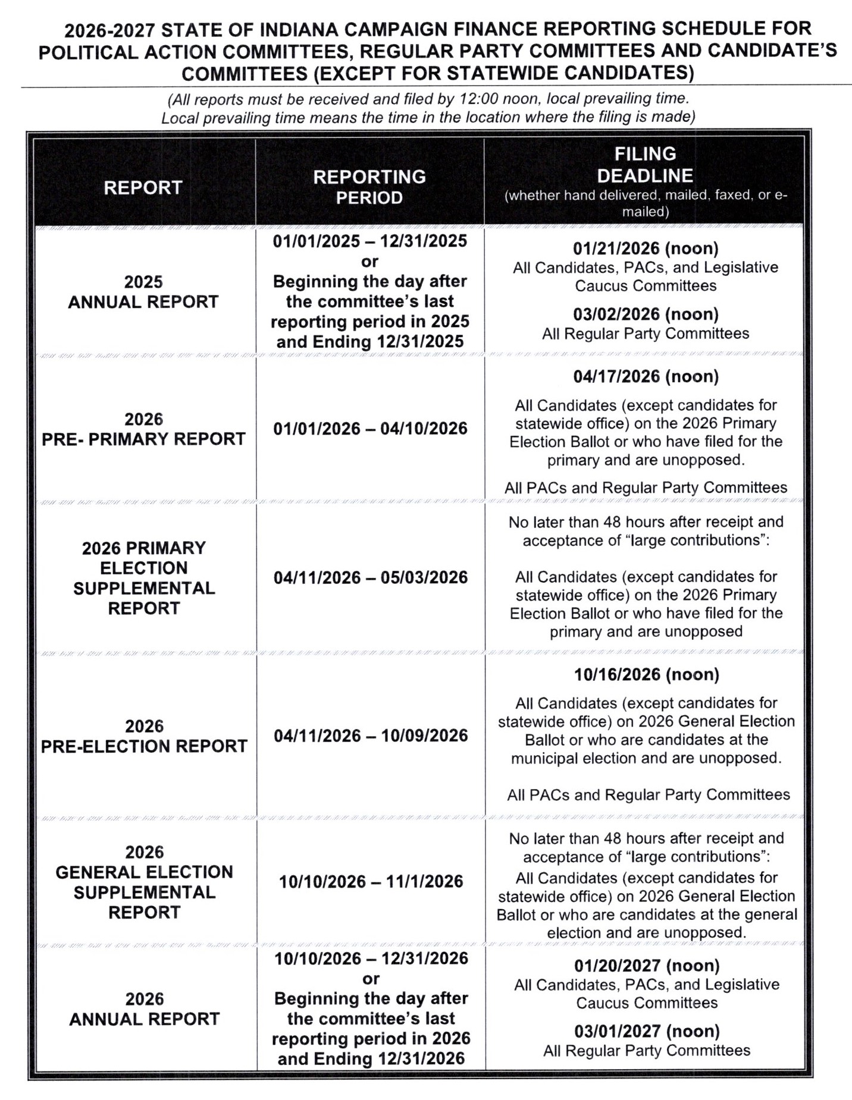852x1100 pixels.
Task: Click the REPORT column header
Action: pyautogui.click(x=143, y=188)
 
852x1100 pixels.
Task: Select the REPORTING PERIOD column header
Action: pyautogui.click(x=369, y=187)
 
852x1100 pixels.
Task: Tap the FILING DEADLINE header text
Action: pyautogui.click(x=645, y=165)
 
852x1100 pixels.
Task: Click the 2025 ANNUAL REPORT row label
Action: pyautogui.click(x=143, y=292)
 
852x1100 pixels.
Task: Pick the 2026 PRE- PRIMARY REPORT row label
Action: pyautogui.click(x=143, y=429)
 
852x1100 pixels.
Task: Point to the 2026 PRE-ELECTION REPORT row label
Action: pyautogui.click(x=144, y=736)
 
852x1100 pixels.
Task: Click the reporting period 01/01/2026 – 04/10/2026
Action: pyautogui.click(x=370, y=429)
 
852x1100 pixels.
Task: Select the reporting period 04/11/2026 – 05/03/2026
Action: pyautogui.click(x=371, y=577)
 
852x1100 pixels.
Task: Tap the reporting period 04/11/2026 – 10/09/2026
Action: pyautogui.click(x=371, y=736)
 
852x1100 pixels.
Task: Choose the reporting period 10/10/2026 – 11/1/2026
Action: pyautogui.click(x=371, y=881)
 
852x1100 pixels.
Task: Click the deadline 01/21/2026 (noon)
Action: pyautogui.click(x=646, y=249)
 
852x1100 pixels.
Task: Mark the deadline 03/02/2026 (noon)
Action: pyautogui.click(x=646, y=314)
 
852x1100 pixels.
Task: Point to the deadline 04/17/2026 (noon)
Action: pyautogui.click(x=646, y=376)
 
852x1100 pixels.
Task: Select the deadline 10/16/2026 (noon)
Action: pyautogui.click(x=646, y=674)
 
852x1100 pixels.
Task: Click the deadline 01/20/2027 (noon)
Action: pyautogui.click(x=647, y=966)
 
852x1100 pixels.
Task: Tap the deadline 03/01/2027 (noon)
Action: pyautogui.click(x=647, y=1031)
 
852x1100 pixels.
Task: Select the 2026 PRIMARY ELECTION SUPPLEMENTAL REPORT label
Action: pyautogui.click(x=144, y=578)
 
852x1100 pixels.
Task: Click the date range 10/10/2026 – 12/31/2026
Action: pyautogui.click(x=371, y=958)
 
